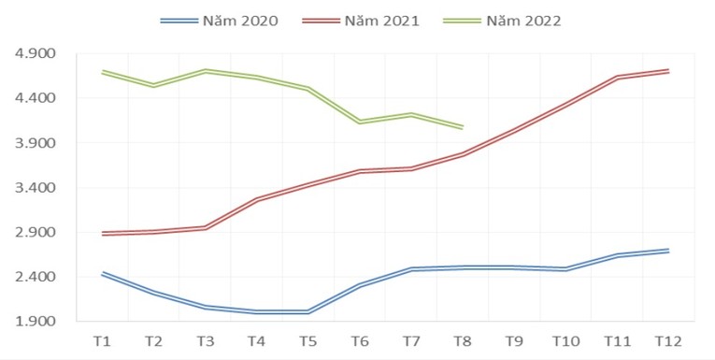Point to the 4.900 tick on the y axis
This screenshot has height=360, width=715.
[36, 53]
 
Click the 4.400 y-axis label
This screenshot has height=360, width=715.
[36, 98]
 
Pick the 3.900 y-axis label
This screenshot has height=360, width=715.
[36, 143]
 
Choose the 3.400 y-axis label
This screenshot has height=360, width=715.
[36, 188]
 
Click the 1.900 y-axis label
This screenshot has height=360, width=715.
[36, 322]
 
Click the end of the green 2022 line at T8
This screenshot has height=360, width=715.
[463, 126]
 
